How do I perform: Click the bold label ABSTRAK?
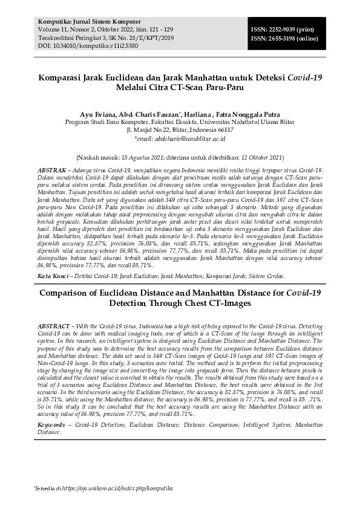pos(52,171)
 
